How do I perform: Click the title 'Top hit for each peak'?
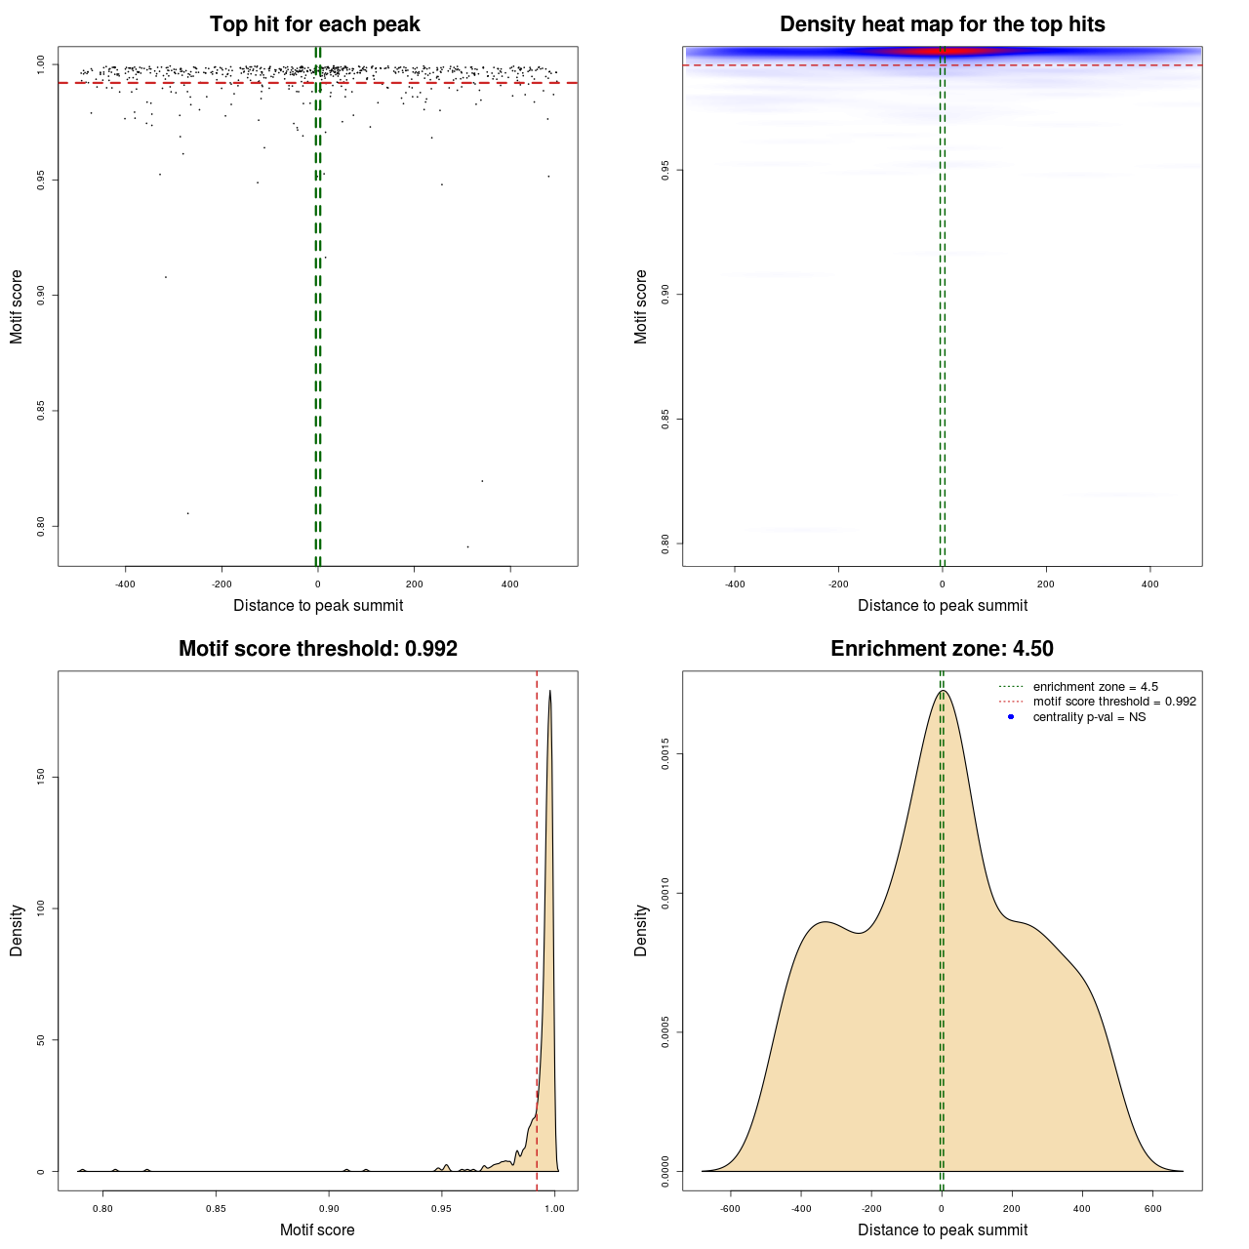[314, 24]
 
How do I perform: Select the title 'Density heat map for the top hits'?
[942, 24]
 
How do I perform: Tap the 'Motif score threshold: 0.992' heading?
[317, 649]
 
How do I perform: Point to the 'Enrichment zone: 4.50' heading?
[942, 649]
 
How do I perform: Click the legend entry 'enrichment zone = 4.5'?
[1095, 687]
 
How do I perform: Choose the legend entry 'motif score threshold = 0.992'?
[1113, 702]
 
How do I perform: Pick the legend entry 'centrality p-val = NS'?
[1089, 717]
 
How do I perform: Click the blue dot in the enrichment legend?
[1011, 717]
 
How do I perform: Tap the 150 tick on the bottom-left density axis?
[41, 777]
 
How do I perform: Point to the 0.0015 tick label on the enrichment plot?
[665, 754]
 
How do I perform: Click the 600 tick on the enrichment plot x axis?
[1152, 1208]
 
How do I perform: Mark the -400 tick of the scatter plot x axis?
[125, 584]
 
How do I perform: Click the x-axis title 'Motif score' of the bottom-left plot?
[317, 1229]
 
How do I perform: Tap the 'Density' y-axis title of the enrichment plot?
[641, 930]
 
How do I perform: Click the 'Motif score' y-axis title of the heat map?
[641, 306]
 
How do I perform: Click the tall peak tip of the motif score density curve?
[550, 692]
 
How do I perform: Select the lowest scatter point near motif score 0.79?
[467, 546]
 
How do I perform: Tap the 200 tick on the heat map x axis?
[1046, 584]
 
